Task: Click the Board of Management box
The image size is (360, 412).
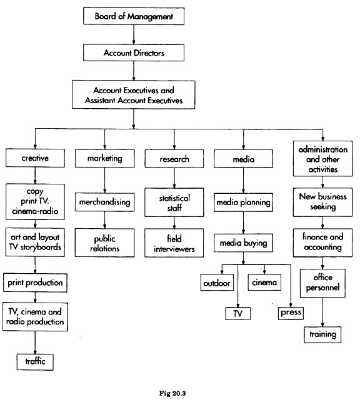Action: point(134,16)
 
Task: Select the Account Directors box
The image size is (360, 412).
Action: point(134,53)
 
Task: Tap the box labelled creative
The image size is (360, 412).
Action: point(35,158)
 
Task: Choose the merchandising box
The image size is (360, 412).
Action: point(104,202)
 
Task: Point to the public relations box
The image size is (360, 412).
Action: point(104,243)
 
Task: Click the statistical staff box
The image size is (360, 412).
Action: point(174,203)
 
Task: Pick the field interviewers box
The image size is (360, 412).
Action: point(174,243)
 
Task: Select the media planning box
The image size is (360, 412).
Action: point(243,203)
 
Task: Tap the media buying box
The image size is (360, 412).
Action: point(243,243)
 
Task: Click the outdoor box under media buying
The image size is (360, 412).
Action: point(217,283)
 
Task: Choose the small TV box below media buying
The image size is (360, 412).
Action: point(238,313)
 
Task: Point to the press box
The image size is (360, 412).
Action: point(291,313)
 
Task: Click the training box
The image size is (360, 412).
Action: point(322,334)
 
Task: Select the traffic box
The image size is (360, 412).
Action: point(35,362)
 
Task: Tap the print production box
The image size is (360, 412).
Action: point(35,283)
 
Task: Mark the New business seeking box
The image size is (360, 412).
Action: point(322,202)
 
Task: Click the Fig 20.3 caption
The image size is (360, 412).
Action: point(172,393)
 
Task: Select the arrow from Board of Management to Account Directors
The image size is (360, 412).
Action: point(134,34)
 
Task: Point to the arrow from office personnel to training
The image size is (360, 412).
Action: point(322,312)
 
